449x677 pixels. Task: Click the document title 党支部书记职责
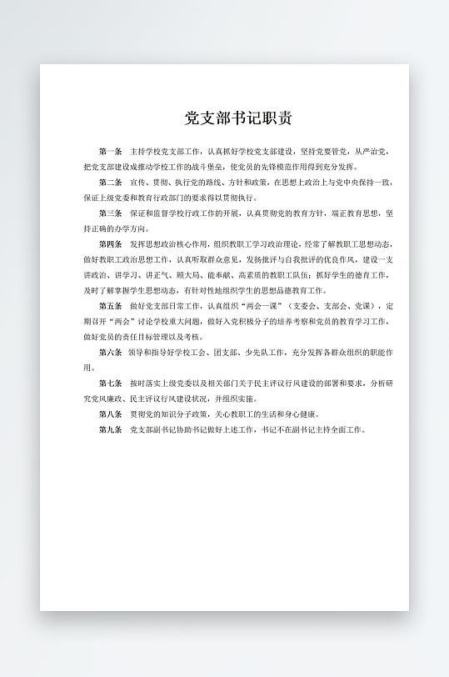tap(238, 118)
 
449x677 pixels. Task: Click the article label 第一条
tap(111, 152)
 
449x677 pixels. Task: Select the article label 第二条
tap(111, 183)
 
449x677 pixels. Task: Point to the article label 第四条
tap(111, 244)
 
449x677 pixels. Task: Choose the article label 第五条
tap(111, 306)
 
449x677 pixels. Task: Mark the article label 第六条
tap(111, 352)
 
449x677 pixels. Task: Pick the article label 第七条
tap(111, 383)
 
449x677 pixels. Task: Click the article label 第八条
tap(111, 414)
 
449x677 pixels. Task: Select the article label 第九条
tap(111, 429)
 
